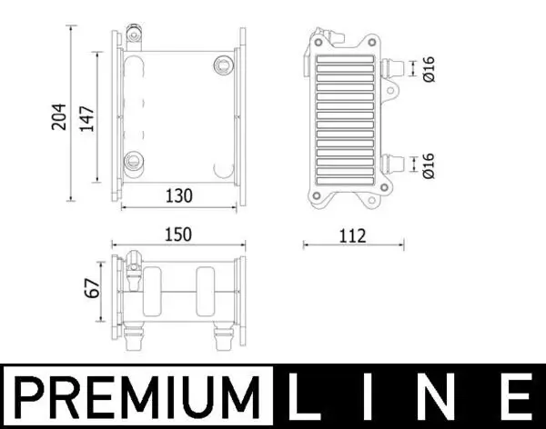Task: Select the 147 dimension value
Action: [88, 115]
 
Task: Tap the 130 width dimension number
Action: [177, 195]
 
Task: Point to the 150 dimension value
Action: [177, 234]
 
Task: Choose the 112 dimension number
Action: [351, 235]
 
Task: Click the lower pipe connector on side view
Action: [393, 165]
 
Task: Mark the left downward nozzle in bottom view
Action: [136, 342]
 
